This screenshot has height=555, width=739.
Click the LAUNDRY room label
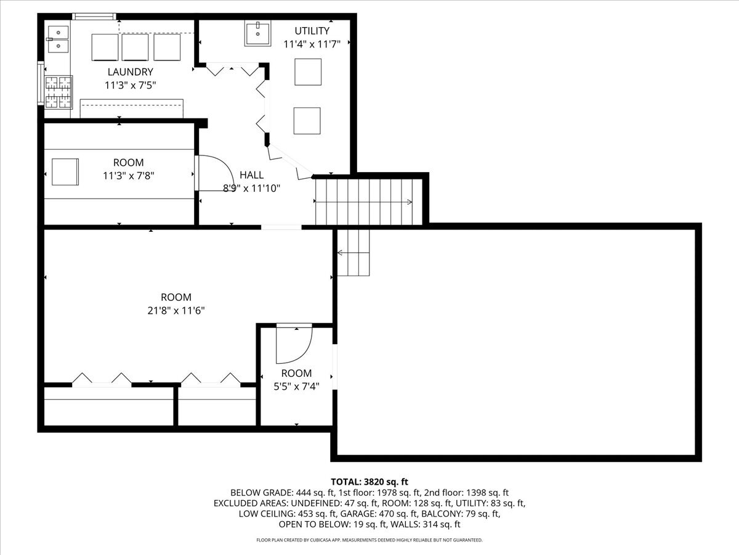coord(130,72)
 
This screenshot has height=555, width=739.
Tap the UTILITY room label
coord(312,31)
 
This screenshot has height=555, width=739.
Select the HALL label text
coord(251,175)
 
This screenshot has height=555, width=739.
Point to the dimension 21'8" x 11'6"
coord(176,311)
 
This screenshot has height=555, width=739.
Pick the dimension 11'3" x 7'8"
coord(129,176)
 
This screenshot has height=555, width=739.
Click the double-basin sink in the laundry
coord(58,38)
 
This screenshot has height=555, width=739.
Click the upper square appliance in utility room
coord(307,72)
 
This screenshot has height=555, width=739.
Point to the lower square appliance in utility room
coord(307,120)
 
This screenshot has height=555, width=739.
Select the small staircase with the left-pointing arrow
coord(353,252)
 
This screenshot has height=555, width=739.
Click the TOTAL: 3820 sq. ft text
coord(369,482)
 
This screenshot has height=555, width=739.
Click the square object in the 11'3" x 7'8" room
coord(65,172)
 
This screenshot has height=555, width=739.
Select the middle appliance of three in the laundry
coord(135,47)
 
